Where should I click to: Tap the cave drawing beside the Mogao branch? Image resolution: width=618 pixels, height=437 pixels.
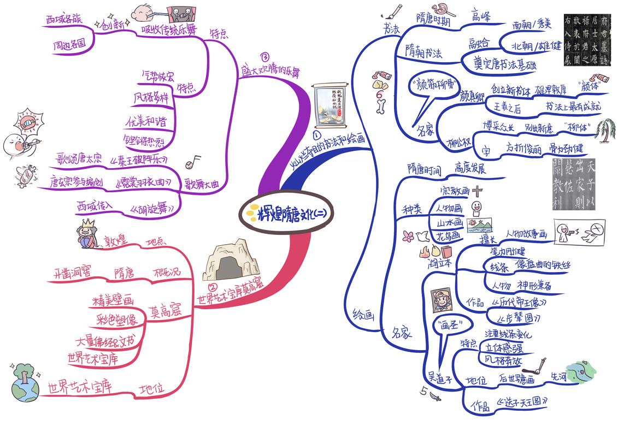[225, 261]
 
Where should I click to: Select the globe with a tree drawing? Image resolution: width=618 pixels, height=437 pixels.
[25, 382]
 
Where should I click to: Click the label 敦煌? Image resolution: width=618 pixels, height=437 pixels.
[116, 240]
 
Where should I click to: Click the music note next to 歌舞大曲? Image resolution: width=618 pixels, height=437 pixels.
[193, 161]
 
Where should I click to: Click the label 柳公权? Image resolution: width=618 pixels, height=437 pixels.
[460, 144]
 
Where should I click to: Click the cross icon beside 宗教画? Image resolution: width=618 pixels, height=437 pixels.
[478, 191]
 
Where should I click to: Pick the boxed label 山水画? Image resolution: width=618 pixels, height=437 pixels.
[449, 223]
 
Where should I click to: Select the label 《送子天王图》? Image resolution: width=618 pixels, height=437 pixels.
[521, 402]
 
